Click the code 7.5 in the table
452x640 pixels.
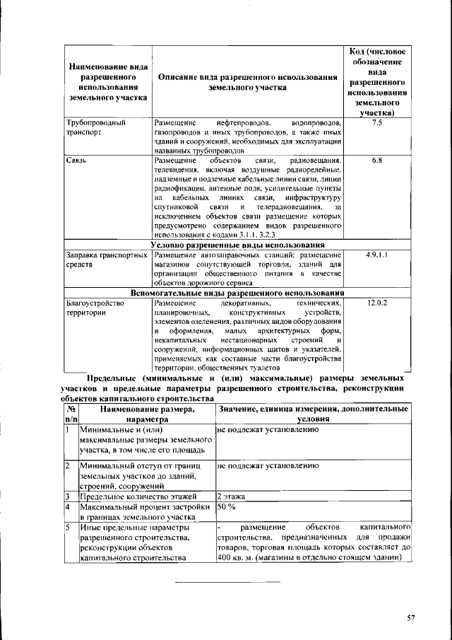pyautogui.click(x=376, y=122)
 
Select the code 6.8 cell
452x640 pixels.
pyautogui.click(x=376, y=161)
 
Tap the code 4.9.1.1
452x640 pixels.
pyautogui.click(x=376, y=253)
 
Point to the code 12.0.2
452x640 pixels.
pyautogui.click(x=377, y=303)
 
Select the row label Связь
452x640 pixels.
pyautogui.click(x=76, y=161)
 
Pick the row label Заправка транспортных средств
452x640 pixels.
pyautogui.click(x=106, y=258)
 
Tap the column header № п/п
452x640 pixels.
pyautogui.click(x=70, y=414)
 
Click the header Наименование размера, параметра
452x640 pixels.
pyautogui.click(x=146, y=414)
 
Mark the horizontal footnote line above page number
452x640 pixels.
pyautogui.click(x=227, y=581)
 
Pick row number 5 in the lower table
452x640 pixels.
pyautogui.click(x=66, y=528)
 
